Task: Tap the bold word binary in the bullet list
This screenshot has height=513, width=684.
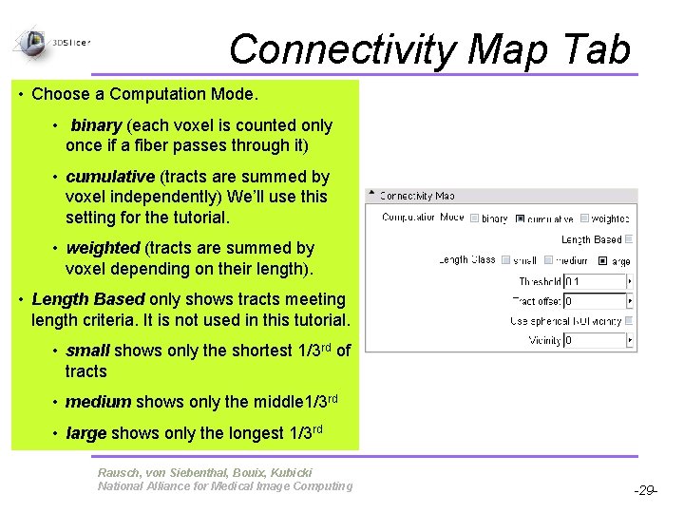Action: click(x=96, y=125)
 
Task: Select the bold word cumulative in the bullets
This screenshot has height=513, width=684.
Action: click(x=110, y=177)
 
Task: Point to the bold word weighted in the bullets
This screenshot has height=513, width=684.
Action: click(x=103, y=248)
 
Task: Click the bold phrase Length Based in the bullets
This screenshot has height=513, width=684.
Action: click(x=80, y=299)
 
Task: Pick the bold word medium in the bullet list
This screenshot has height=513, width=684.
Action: click(x=99, y=402)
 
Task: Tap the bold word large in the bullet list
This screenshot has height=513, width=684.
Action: click(x=85, y=433)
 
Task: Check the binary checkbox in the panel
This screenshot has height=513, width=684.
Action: click(x=475, y=218)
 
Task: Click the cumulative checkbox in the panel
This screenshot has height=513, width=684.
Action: click(x=520, y=218)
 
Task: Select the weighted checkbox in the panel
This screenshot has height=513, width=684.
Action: click(x=585, y=218)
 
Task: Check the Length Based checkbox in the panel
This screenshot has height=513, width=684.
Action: click(x=628, y=239)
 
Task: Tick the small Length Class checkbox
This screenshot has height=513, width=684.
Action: click(x=506, y=259)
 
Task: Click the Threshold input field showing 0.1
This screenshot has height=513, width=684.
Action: click(x=596, y=281)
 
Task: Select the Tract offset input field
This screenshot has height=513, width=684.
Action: click(x=596, y=301)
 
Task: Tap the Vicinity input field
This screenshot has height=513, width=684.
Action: click(x=596, y=340)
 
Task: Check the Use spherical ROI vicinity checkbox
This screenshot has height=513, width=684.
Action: click(x=628, y=321)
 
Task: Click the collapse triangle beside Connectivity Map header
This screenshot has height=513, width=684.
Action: click(x=371, y=196)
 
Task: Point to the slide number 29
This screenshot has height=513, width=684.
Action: click(x=645, y=491)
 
